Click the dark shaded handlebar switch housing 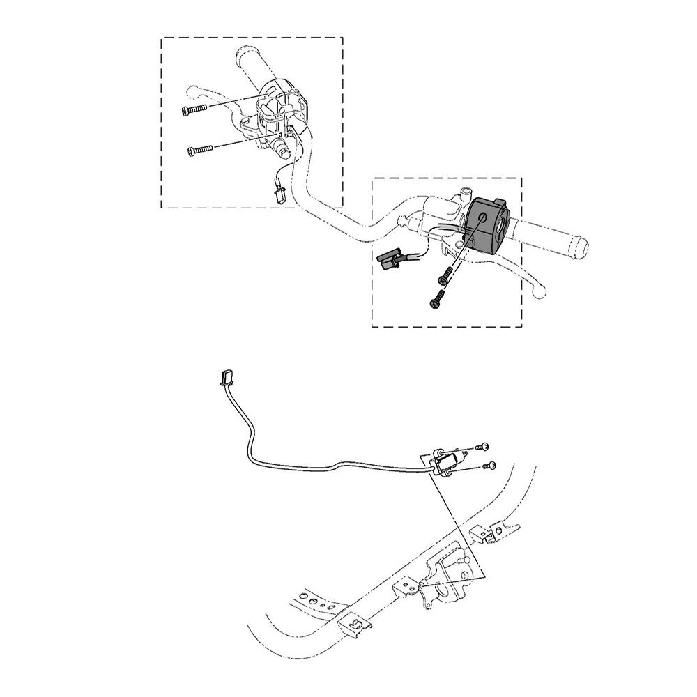tap(491, 223)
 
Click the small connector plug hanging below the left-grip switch tap(280, 193)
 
